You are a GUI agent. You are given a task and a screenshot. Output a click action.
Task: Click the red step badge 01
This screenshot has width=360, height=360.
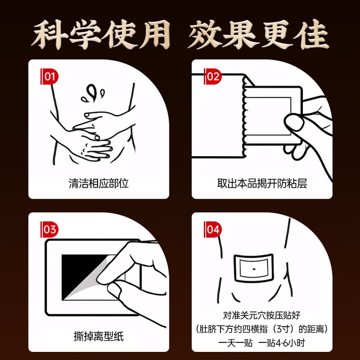(x=50, y=77)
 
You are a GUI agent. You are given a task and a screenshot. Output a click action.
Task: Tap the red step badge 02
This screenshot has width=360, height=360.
(x=213, y=77)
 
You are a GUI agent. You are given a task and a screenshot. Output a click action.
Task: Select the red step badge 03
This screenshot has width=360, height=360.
(x=50, y=230)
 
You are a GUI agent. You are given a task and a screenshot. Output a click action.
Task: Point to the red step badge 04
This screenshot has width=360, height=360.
(x=213, y=230)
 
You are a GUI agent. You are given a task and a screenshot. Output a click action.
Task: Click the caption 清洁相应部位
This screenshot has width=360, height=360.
(x=99, y=183)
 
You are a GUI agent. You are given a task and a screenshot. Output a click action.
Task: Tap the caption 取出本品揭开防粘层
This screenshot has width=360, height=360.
(x=262, y=183)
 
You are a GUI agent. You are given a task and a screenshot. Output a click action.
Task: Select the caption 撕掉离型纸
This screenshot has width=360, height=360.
(x=99, y=336)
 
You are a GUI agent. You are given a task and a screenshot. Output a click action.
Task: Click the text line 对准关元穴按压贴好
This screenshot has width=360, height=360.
(x=261, y=315)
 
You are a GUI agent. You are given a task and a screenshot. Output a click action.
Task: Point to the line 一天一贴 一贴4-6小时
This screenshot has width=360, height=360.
(x=261, y=343)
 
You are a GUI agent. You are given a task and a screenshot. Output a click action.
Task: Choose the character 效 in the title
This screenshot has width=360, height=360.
(x=205, y=34)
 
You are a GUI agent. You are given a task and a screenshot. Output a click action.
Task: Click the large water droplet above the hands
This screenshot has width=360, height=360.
(x=91, y=92)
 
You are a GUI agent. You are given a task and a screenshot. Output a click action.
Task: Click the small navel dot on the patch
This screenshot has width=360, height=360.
(x=254, y=269)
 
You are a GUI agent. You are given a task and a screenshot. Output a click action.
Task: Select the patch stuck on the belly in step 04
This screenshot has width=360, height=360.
(x=254, y=268)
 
